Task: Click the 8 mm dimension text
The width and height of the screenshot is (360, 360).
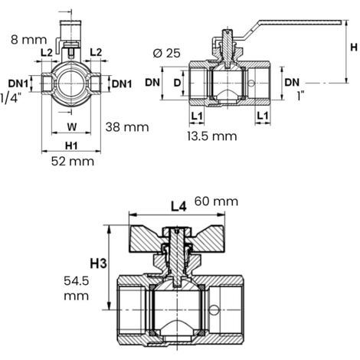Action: click(29, 40)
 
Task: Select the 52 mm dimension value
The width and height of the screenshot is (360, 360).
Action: click(73, 162)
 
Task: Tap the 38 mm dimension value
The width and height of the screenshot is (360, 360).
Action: click(127, 127)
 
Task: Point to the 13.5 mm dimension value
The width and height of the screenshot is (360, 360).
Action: click(212, 136)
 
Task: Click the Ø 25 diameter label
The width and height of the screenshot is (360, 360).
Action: click(167, 53)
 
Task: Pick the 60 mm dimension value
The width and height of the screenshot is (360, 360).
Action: click(216, 201)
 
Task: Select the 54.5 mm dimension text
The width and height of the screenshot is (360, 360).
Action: click(77, 289)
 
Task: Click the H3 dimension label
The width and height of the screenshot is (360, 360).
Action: click(98, 263)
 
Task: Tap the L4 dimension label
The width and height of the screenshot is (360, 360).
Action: click(178, 207)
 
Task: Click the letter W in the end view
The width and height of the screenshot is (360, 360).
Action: click(72, 126)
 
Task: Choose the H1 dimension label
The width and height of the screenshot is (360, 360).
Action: click(71, 146)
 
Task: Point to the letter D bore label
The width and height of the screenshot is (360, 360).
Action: click(177, 83)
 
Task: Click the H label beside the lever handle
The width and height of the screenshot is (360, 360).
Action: click(354, 47)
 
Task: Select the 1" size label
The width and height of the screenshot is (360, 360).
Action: click(301, 97)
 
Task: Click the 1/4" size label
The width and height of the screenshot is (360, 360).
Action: click(9, 98)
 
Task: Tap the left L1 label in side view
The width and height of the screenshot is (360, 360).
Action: click(197, 116)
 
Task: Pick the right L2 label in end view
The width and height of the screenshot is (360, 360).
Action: click(96, 52)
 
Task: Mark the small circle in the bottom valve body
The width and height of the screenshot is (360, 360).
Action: click(214, 310)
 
